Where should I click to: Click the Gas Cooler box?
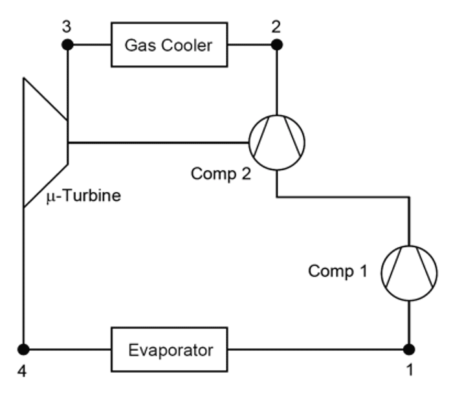pos(171,45)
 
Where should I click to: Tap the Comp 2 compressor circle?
pos(277,142)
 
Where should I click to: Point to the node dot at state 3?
pos(67,45)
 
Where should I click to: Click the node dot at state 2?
pos(277,45)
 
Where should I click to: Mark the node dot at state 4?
pos(24,350)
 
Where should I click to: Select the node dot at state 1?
pos(409,350)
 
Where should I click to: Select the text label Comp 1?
pos(338,271)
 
